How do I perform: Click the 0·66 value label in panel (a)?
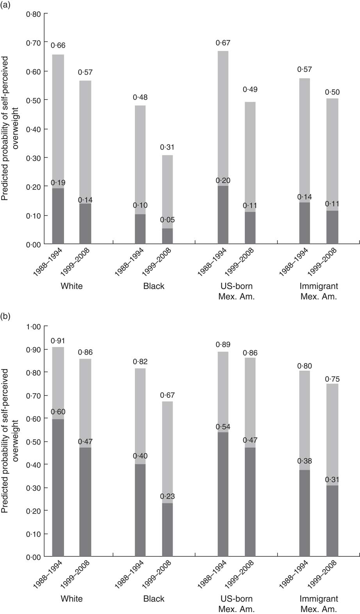pyautogui.click(x=58, y=46)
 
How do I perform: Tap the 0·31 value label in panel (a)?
pyautogui.click(x=168, y=148)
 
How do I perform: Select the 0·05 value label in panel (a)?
pyautogui.click(x=168, y=220)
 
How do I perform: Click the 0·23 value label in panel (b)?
pyautogui.click(x=168, y=497)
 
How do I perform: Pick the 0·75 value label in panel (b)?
pyautogui.click(x=332, y=379)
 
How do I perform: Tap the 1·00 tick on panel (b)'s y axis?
pyautogui.click(x=34, y=327)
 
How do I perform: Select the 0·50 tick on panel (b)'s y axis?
pyautogui.click(x=34, y=442)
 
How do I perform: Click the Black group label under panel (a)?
pyautogui.click(x=154, y=286)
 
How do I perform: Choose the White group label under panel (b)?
pyautogui.click(x=72, y=599)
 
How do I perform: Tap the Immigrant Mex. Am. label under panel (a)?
pyautogui.click(x=319, y=291)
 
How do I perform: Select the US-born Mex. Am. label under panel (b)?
pyautogui.click(x=236, y=604)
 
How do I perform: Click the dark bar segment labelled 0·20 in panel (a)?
pyautogui.click(x=223, y=215)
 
